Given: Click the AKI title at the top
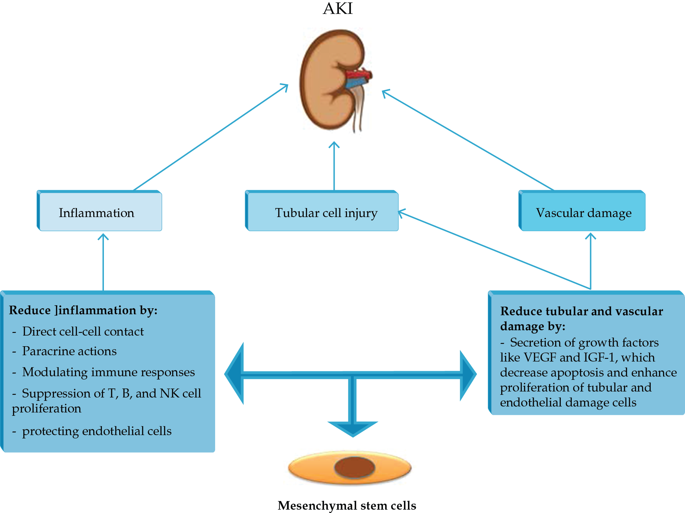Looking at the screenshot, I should (337, 9).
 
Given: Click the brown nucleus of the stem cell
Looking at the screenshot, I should (354, 467).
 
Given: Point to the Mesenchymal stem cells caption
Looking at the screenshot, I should (347, 505).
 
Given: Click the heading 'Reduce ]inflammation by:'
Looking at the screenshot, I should (83, 310).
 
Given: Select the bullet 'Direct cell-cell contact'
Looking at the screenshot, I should (83, 332).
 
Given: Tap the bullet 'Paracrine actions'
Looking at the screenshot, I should (69, 351).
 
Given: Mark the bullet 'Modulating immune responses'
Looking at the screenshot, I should (108, 372).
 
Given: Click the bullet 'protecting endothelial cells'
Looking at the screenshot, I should (97, 431).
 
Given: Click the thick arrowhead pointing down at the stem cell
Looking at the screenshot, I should (353, 428).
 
